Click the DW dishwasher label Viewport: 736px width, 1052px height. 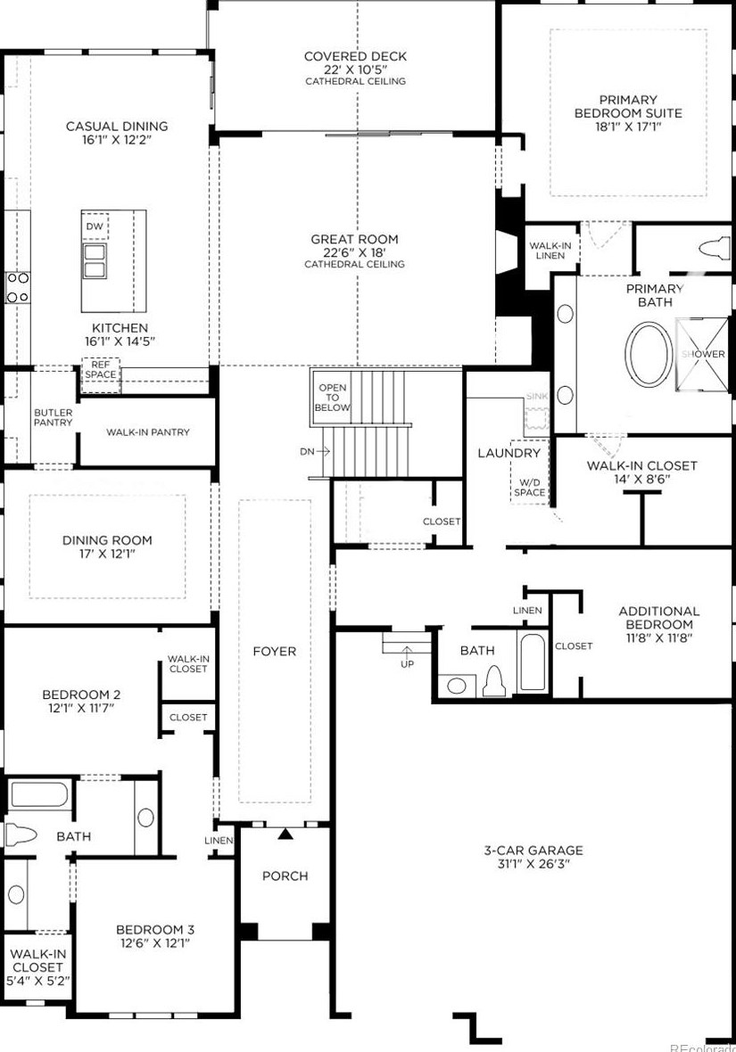pyautogui.click(x=95, y=226)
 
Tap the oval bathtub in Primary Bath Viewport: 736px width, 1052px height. pyautogui.click(x=649, y=355)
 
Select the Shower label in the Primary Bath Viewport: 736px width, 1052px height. pyautogui.click(x=703, y=354)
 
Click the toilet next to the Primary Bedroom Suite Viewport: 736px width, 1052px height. pyautogui.click(x=714, y=248)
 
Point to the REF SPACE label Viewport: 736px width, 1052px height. pyautogui.click(x=100, y=370)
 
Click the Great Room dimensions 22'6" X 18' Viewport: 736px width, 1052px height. pyautogui.click(x=354, y=253)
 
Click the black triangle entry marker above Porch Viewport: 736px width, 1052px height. pyautogui.click(x=286, y=834)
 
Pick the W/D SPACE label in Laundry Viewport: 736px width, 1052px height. pyautogui.click(x=530, y=487)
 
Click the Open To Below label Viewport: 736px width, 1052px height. pyautogui.click(x=333, y=398)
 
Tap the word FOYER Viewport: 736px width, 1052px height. pyautogui.click(x=274, y=651)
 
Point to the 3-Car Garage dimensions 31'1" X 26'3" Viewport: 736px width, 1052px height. pyautogui.click(x=533, y=864)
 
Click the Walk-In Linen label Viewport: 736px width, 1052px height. pyautogui.click(x=550, y=251)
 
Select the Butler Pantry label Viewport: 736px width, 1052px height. pyautogui.click(x=53, y=417)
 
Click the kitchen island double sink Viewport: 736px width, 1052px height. pyautogui.click(x=95, y=260)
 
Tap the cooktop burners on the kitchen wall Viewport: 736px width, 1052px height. pyautogui.click(x=18, y=286)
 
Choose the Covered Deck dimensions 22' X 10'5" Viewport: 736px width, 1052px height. pyautogui.click(x=355, y=70)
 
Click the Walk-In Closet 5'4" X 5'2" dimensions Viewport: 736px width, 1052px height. pyautogui.click(x=37, y=980)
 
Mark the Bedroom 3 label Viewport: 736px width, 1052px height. pyautogui.click(x=155, y=929)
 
